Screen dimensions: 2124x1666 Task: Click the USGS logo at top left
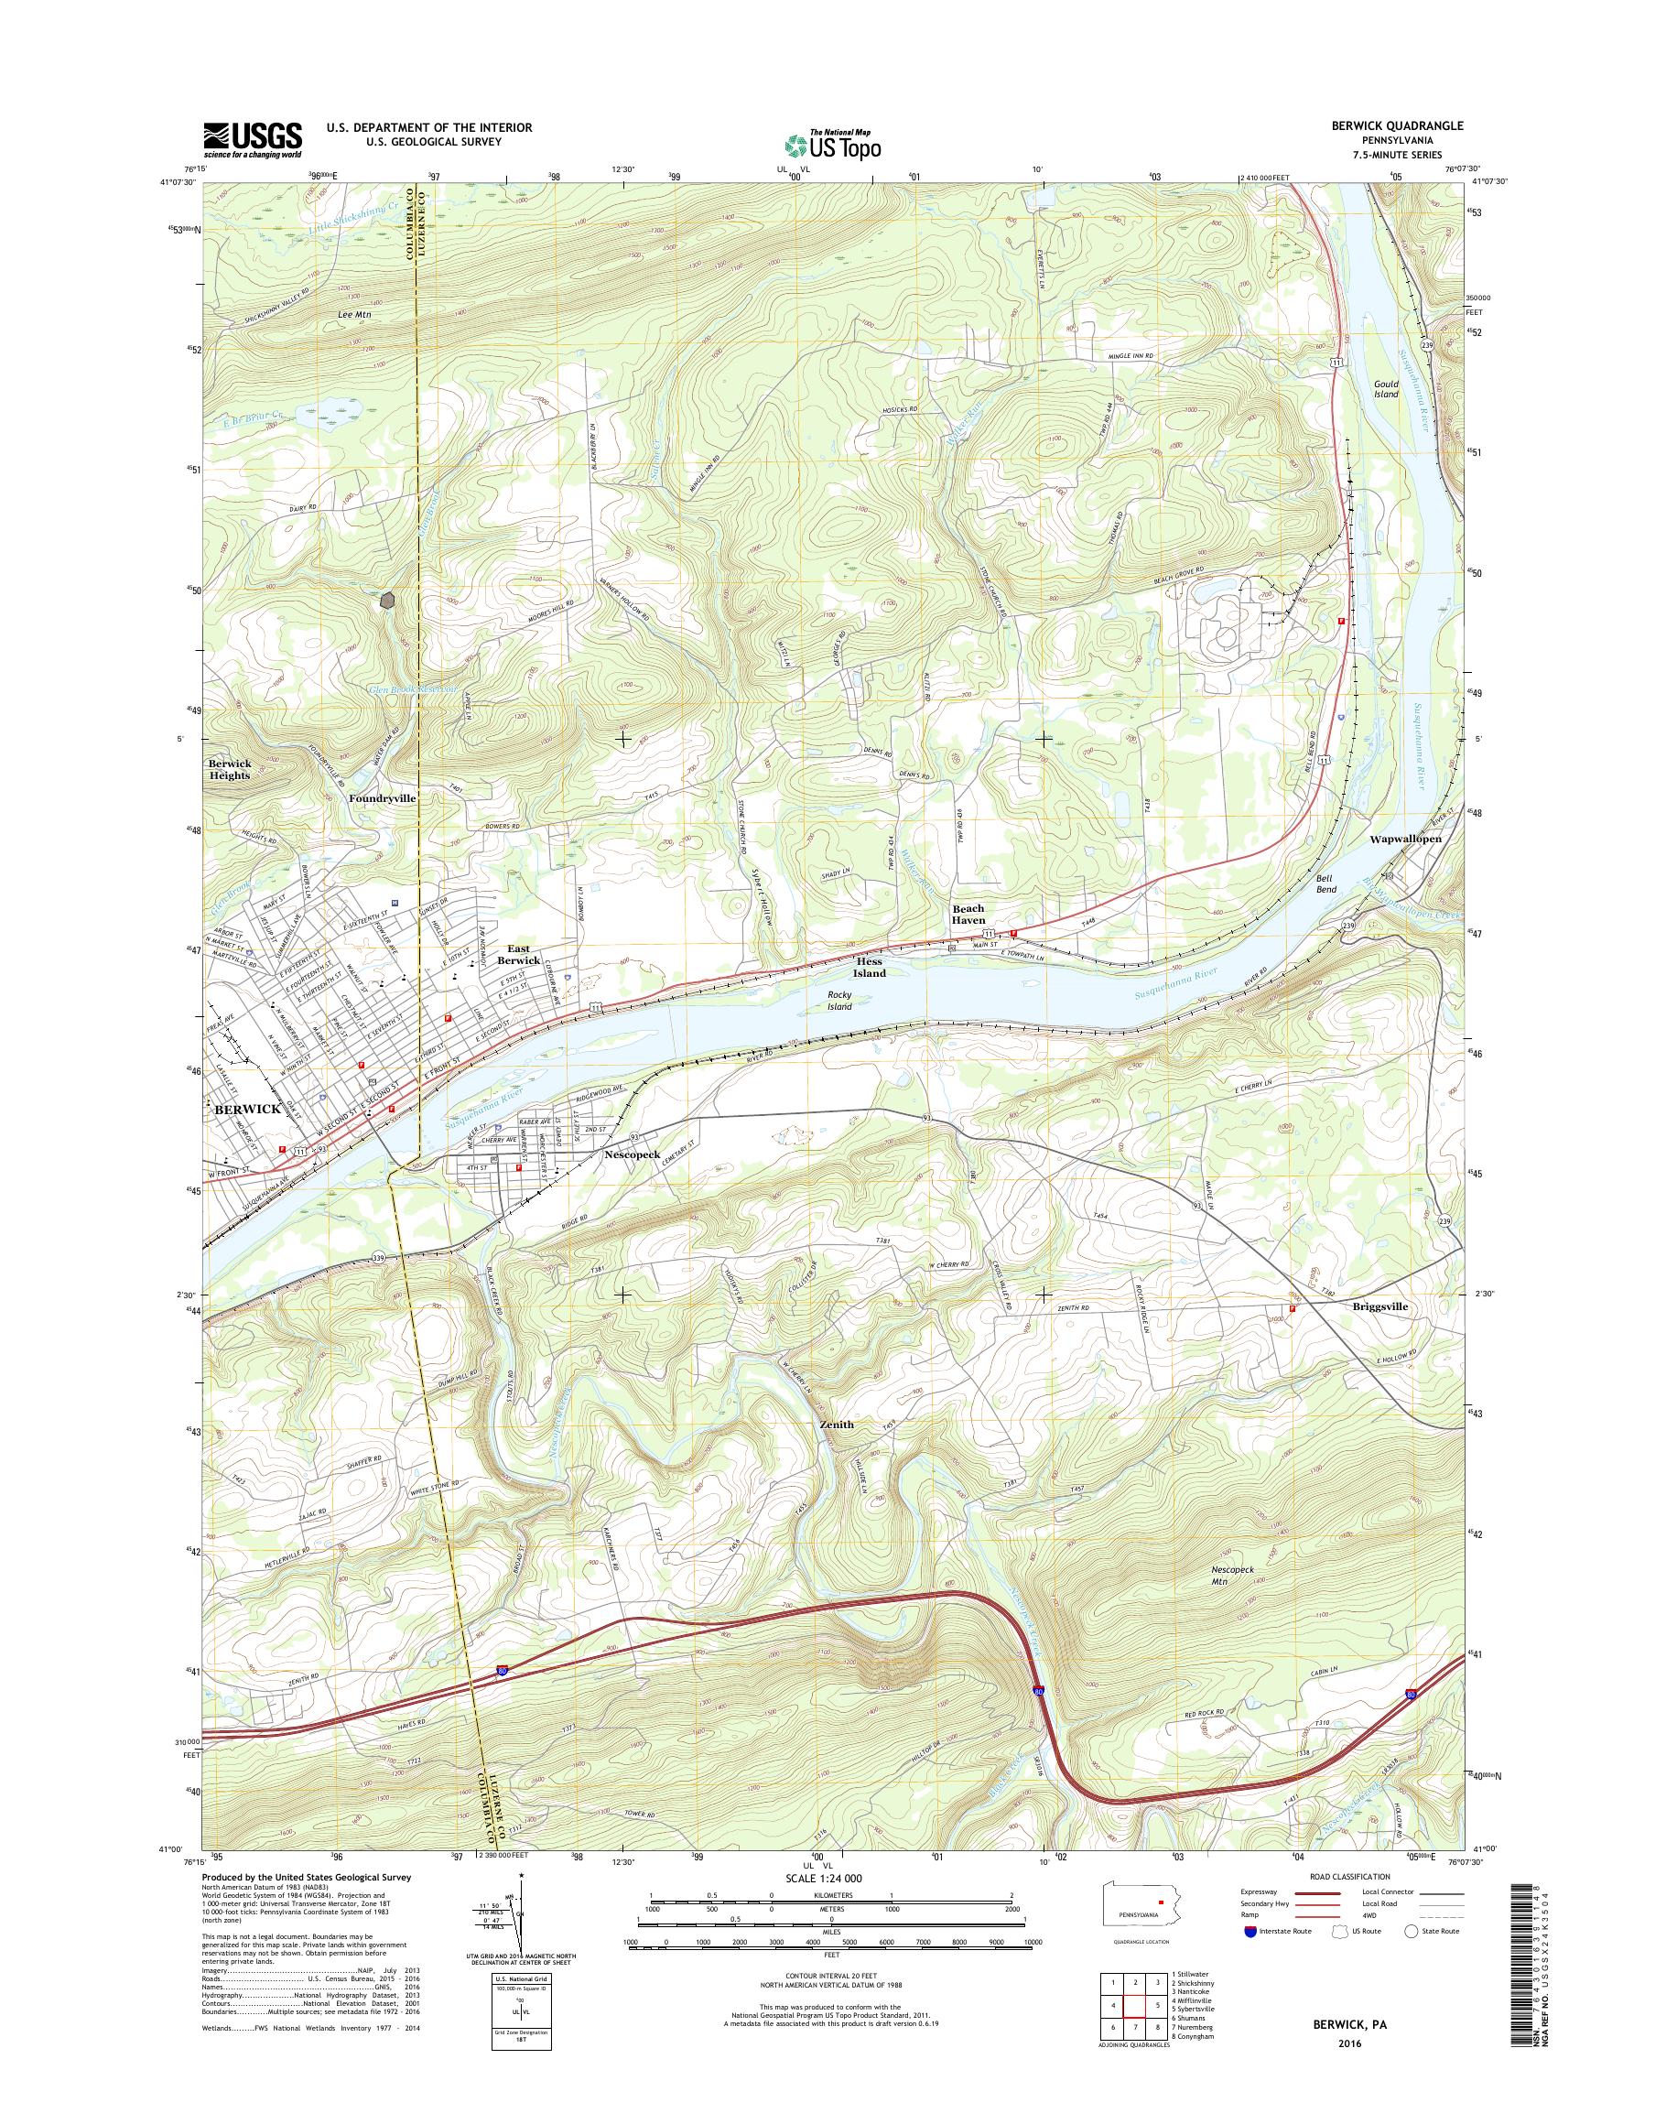pos(252,139)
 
